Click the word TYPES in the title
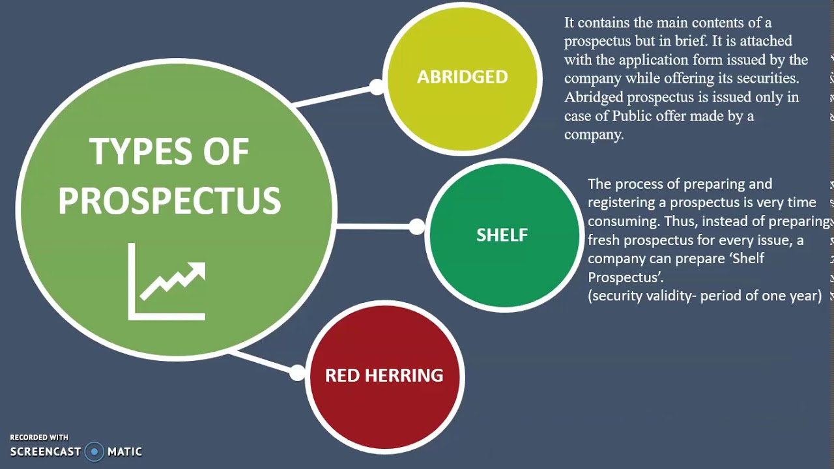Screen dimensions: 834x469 tap(134, 152)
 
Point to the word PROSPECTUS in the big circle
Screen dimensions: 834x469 tap(169, 201)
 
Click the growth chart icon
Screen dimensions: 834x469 tap(167, 281)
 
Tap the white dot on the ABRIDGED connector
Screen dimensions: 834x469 tap(377, 87)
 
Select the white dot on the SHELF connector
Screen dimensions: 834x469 tap(417, 227)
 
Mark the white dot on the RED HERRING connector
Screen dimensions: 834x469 tap(297, 373)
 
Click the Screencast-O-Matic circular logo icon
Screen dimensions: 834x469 tap(94, 451)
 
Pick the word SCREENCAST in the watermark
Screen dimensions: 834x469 tap(46, 451)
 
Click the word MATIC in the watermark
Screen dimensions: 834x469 tap(124, 451)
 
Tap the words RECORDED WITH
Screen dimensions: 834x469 tap(39, 438)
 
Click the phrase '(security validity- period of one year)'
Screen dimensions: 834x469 tap(705, 296)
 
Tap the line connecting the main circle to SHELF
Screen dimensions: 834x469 tap(375, 227)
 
